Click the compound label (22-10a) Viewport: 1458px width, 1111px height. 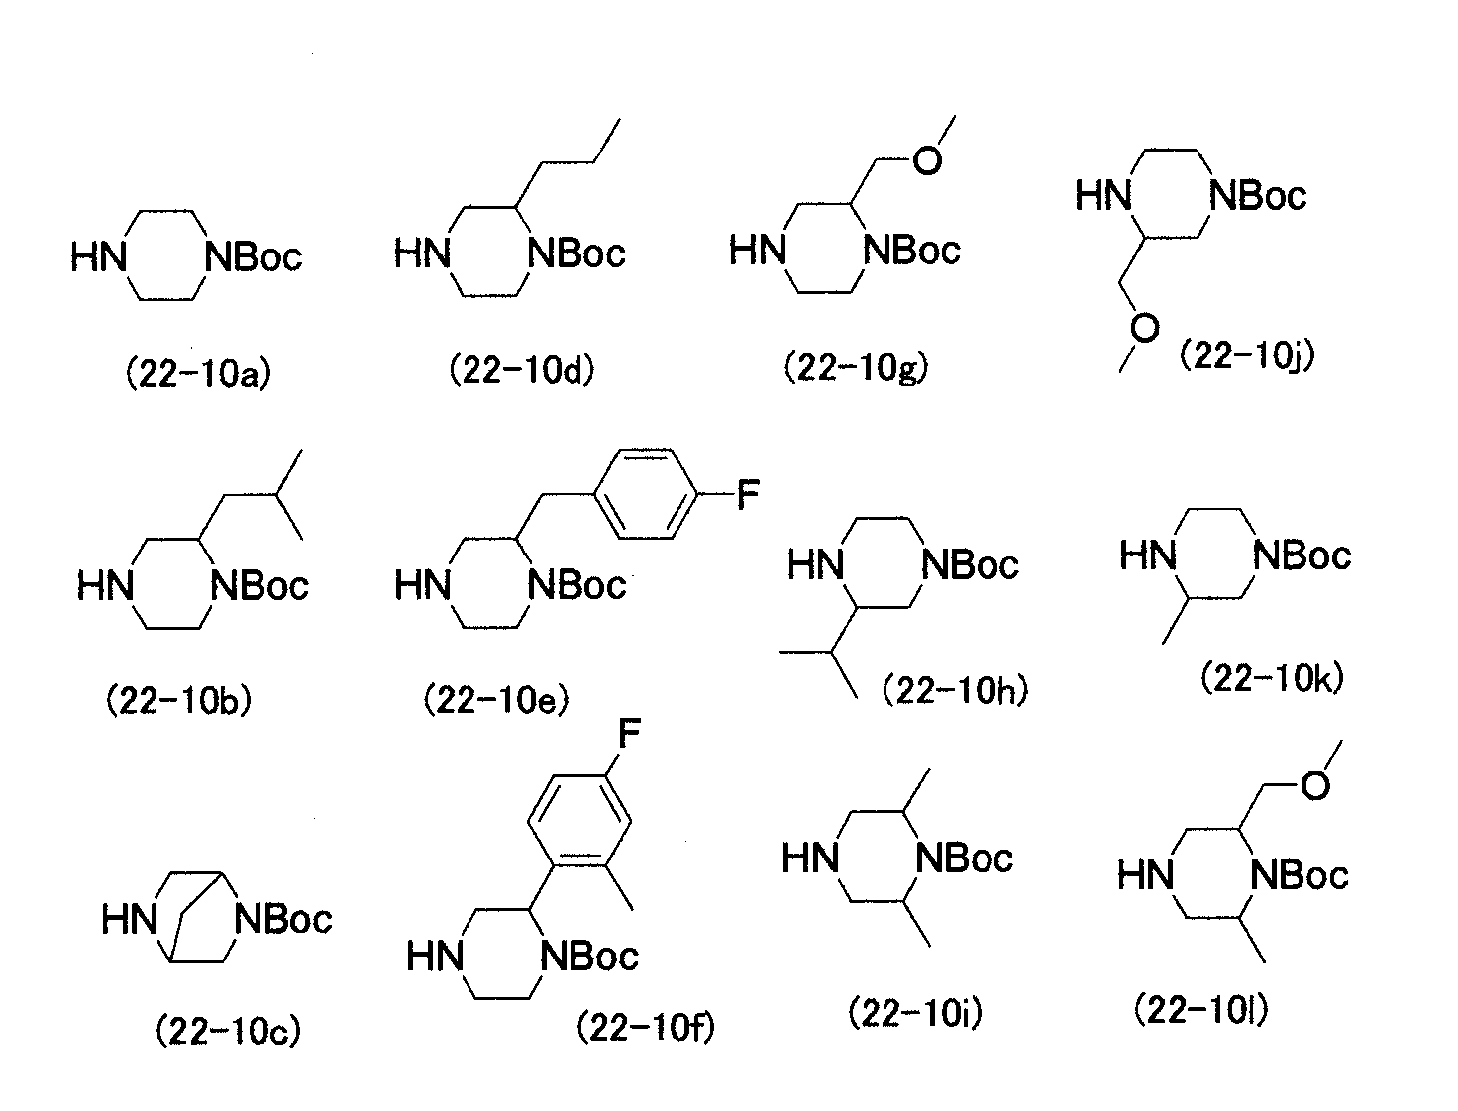click(x=199, y=375)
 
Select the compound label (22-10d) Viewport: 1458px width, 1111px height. click(x=521, y=370)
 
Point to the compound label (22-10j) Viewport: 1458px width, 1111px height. click(x=1247, y=356)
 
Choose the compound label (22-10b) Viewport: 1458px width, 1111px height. click(x=179, y=701)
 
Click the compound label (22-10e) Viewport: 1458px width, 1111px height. click(x=497, y=700)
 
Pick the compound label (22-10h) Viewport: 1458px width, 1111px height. click(x=955, y=691)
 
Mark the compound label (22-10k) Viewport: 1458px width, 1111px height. click(x=1273, y=678)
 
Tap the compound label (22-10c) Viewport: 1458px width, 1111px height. click(x=229, y=1031)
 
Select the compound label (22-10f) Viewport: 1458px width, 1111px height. click(x=646, y=1029)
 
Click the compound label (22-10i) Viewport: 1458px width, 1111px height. click(x=915, y=1014)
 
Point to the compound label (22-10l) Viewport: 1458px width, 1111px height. click(x=1200, y=1010)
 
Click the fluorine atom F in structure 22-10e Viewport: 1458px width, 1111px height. click(x=748, y=495)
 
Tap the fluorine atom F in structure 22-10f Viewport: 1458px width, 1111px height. click(x=629, y=733)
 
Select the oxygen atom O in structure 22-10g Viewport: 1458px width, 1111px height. click(x=927, y=160)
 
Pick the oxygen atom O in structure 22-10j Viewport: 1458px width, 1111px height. click(x=1144, y=328)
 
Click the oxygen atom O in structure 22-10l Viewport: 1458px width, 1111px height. click(x=1315, y=785)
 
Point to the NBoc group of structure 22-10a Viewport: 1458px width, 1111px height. click(x=254, y=257)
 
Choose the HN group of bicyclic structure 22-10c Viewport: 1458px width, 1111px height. click(x=129, y=920)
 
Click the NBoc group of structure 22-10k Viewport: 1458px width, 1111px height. click(x=1302, y=555)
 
